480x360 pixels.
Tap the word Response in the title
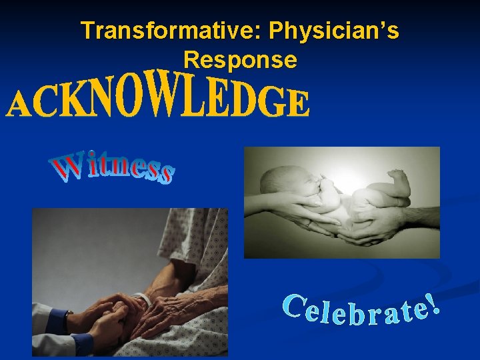pyautogui.click(x=240, y=61)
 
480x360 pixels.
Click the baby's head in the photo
pyautogui.click(x=284, y=183)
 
